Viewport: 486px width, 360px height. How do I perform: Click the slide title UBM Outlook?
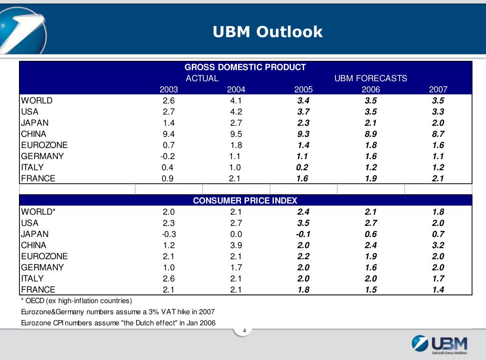click(x=267, y=32)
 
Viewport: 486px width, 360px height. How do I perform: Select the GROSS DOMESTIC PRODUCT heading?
click(x=245, y=67)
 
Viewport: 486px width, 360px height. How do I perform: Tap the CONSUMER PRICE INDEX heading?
click(x=245, y=200)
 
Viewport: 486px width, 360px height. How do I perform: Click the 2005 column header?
click(x=303, y=89)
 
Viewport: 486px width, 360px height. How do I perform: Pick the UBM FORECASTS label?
click(x=371, y=78)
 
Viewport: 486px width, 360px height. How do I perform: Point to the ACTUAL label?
click(x=202, y=78)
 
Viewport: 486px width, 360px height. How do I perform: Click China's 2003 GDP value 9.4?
click(x=168, y=134)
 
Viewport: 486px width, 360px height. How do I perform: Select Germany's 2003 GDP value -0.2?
click(x=168, y=156)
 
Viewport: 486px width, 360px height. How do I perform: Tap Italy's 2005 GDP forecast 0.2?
click(x=302, y=167)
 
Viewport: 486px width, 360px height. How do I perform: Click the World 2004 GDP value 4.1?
click(x=236, y=101)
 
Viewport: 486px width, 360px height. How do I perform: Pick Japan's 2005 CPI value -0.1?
click(x=302, y=234)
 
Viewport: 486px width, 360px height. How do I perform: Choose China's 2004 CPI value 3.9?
click(x=236, y=245)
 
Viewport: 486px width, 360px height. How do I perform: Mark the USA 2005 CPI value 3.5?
click(x=303, y=223)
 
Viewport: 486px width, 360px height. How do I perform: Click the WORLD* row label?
click(x=38, y=212)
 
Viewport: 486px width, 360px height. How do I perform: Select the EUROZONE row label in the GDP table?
click(x=44, y=145)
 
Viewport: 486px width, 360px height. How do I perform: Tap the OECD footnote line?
click(x=76, y=301)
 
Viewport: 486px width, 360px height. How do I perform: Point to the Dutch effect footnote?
click(x=118, y=323)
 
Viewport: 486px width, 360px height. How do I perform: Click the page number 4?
click(x=244, y=331)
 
